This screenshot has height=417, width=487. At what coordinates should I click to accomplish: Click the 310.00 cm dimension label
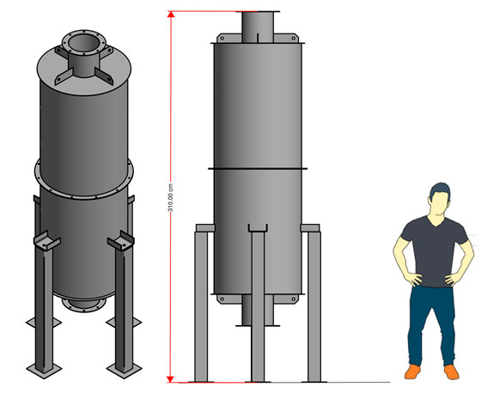click(x=170, y=197)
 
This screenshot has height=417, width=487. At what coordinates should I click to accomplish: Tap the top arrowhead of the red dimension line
click(x=171, y=15)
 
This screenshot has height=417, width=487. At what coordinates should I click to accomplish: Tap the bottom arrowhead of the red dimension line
click(x=170, y=379)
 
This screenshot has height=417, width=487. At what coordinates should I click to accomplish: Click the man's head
click(x=440, y=200)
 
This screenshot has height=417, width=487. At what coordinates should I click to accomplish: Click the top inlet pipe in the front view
click(x=258, y=27)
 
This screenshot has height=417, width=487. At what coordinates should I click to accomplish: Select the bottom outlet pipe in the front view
click(x=258, y=311)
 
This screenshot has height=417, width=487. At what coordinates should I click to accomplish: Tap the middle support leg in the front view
click(x=258, y=306)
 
